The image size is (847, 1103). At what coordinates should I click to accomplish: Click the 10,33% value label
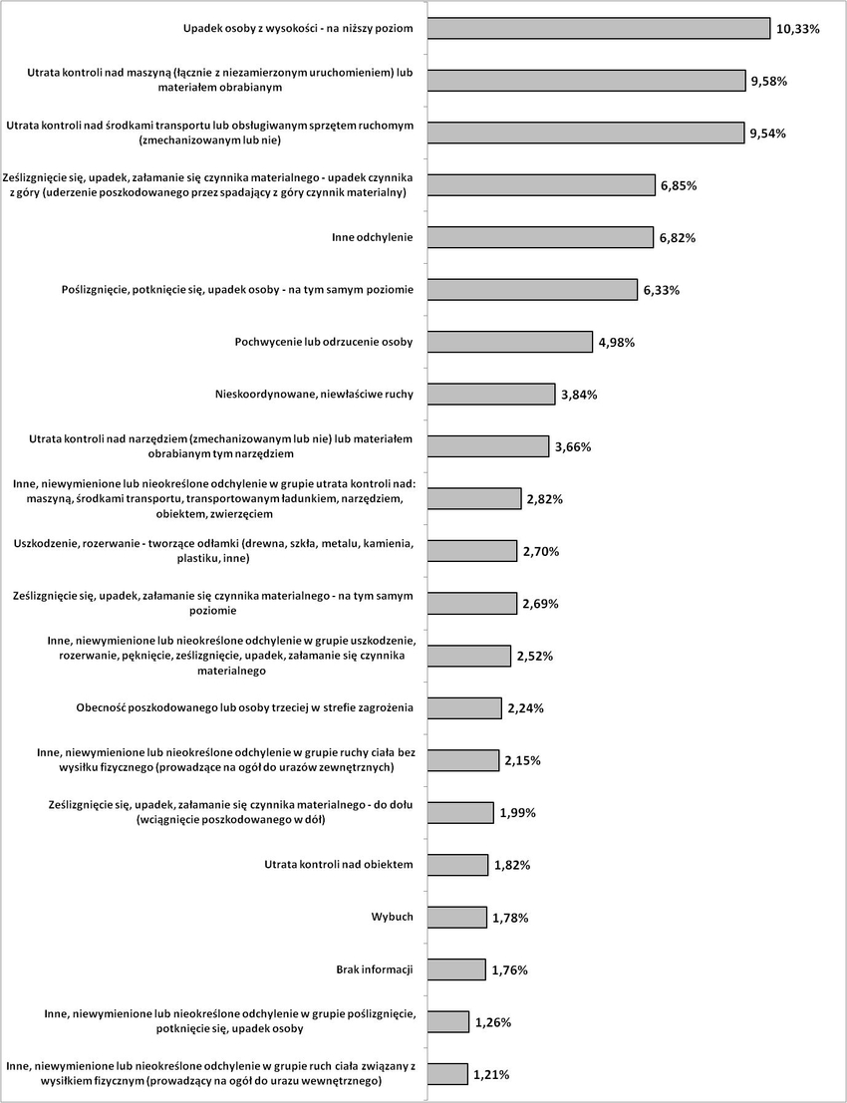click(798, 30)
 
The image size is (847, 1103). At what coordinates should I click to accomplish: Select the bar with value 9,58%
click(586, 81)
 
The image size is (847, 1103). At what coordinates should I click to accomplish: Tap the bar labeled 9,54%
click(586, 133)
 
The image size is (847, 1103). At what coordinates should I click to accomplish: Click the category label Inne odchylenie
click(372, 238)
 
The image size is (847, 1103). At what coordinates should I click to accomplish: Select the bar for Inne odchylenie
click(540, 237)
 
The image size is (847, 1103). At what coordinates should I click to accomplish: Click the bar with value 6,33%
click(532, 290)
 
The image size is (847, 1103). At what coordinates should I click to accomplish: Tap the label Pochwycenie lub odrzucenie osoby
click(324, 343)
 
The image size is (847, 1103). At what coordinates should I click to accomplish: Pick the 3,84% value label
click(578, 396)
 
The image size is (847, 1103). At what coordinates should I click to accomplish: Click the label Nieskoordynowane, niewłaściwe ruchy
click(314, 395)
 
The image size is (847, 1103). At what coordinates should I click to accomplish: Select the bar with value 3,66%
click(487, 446)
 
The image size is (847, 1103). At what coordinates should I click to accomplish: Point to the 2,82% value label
click(545, 499)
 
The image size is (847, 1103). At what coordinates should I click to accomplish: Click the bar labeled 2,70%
click(471, 551)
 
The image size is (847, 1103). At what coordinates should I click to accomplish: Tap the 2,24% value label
click(525, 708)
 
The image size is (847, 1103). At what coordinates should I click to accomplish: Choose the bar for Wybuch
click(456, 917)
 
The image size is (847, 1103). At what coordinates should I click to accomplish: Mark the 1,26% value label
click(492, 1022)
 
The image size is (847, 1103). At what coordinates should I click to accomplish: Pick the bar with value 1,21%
click(447, 1074)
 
